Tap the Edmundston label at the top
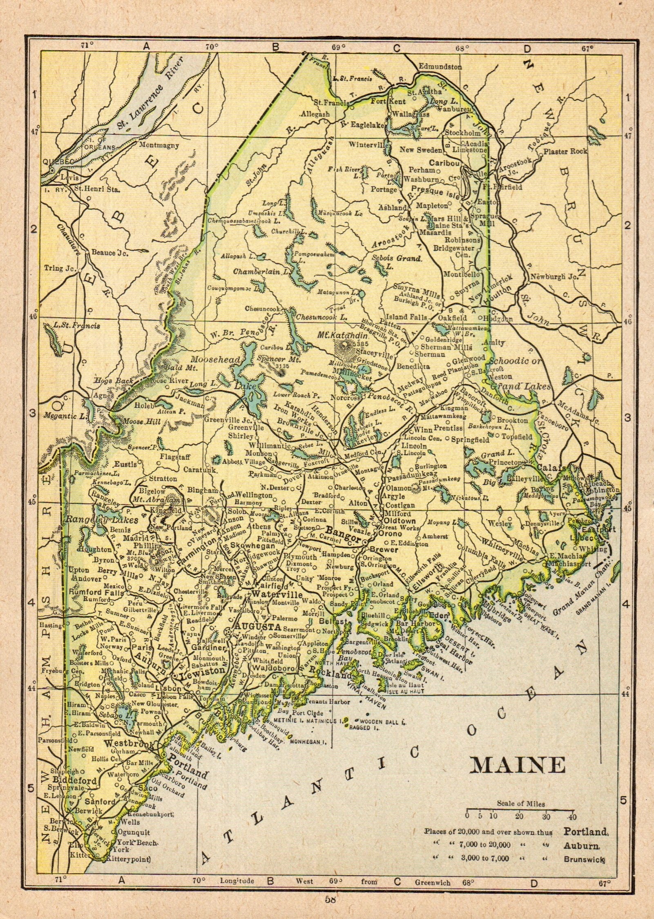pyautogui.click(x=440, y=67)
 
